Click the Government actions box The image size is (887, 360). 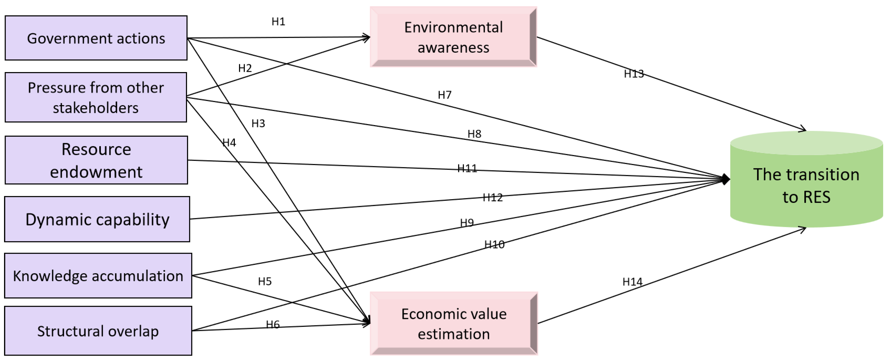click(96, 38)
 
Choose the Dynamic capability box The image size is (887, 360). click(97, 219)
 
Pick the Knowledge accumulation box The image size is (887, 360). click(98, 276)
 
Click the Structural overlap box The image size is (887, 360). click(98, 331)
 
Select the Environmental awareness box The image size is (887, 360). click(453, 37)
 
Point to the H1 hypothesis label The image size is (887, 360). click(278, 22)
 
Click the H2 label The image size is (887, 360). click(245, 68)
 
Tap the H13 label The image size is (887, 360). click(634, 74)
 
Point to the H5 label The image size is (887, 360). click(265, 281)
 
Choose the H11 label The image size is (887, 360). click(467, 168)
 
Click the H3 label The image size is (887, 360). click(258, 123)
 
